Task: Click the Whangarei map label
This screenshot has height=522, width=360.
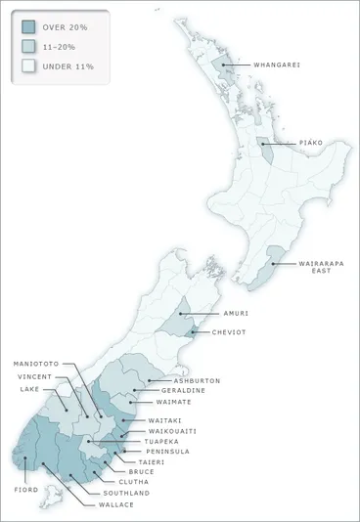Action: [276, 65]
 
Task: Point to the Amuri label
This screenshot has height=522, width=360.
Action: [236, 313]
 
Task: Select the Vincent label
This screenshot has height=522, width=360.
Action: [36, 376]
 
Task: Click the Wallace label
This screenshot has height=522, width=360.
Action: [116, 504]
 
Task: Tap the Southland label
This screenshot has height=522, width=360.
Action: [128, 494]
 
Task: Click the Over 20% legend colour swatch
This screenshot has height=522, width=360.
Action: [28, 26]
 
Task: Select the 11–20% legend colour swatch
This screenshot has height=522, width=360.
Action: [28, 46]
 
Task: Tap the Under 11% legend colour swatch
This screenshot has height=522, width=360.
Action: [28, 66]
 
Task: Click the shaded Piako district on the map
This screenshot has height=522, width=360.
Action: [265, 150]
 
